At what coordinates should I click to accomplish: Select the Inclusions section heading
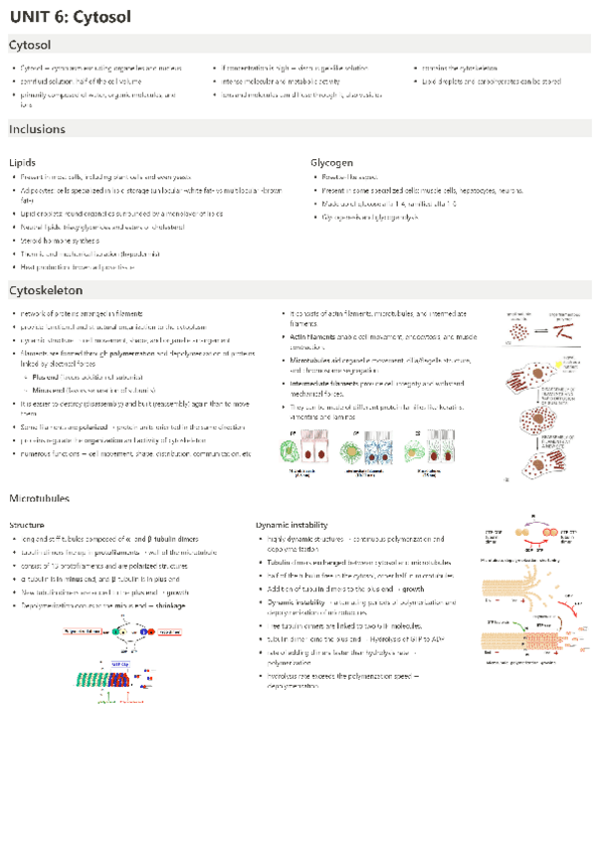point(37,130)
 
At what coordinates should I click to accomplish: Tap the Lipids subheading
point(23,162)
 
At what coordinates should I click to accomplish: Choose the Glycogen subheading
point(331,162)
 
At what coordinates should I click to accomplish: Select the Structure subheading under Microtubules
point(27,524)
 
